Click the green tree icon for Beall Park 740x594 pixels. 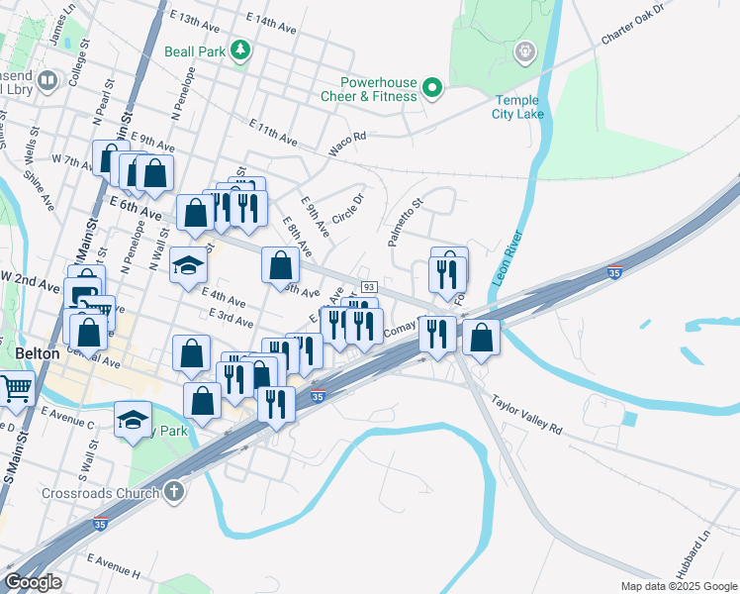(x=239, y=49)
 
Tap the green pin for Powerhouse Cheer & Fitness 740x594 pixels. (x=432, y=89)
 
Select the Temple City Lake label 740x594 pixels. (x=517, y=107)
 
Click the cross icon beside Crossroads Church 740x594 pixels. (x=174, y=492)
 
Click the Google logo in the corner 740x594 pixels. (x=33, y=581)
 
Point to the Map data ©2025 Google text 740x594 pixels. (x=678, y=586)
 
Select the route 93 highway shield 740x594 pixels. (x=368, y=286)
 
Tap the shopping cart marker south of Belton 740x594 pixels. (x=16, y=388)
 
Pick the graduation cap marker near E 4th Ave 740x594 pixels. (x=188, y=264)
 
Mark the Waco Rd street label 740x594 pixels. (x=347, y=144)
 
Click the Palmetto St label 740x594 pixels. (x=406, y=222)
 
